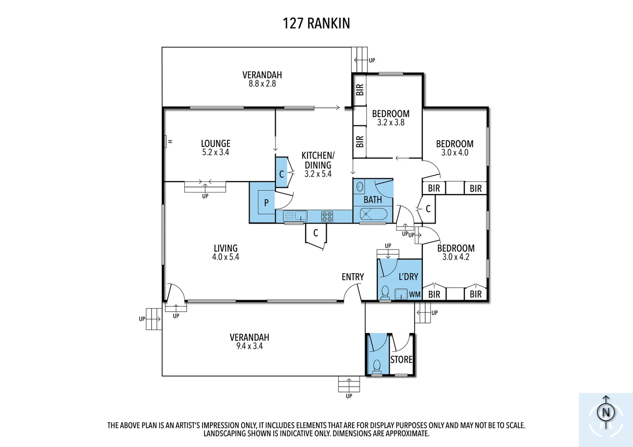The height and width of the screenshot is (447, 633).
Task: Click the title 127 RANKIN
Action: (x=316, y=23)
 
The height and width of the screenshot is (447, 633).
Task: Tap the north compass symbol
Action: (x=606, y=412)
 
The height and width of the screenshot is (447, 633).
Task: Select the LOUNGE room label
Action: (x=215, y=144)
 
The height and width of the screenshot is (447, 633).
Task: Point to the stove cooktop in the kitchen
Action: (x=327, y=216)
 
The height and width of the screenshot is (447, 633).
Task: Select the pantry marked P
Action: (x=266, y=202)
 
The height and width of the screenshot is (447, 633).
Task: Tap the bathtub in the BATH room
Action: (x=373, y=214)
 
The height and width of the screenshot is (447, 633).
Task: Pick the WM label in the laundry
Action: (x=415, y=295)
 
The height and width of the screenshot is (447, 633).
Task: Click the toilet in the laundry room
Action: (x=385, y=291)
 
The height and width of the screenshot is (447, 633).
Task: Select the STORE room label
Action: (x=401, y=360)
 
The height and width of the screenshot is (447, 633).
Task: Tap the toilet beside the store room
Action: (x=377, y=366)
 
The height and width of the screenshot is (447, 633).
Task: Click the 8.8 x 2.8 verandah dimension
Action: (x=262, y=84)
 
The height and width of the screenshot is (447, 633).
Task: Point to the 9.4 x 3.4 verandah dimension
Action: (x=249, y=346)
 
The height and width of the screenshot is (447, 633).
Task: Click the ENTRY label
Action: (x=353, y=277)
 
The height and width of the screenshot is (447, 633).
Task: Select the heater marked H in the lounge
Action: (x=166, y=142)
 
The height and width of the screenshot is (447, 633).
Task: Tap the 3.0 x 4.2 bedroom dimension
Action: (x=456, y=257)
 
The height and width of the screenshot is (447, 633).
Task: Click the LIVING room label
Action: (x=225, y=248)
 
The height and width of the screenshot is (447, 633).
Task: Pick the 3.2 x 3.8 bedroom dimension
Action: (x=391, y=123)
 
